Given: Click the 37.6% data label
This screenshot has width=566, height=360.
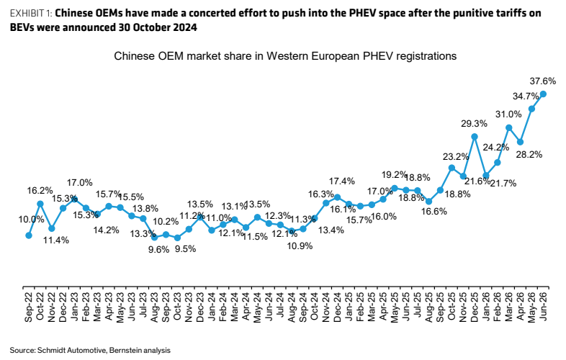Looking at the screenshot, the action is pos(542,81).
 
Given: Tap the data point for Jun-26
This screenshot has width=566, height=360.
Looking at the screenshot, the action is pos(543,94).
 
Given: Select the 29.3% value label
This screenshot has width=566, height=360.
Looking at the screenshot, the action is pos(474,124).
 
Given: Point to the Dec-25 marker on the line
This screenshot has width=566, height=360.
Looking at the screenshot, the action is pos(475,137).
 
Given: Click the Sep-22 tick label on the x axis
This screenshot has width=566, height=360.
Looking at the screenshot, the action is pos(29,307).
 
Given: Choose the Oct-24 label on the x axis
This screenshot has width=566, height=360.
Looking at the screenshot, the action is pos(315,306).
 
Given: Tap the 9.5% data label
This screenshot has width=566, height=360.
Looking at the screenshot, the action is pos(185,249).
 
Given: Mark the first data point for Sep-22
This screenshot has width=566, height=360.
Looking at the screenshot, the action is pos(29,235).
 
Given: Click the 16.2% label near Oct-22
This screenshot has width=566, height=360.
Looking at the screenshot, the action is pos(40,190).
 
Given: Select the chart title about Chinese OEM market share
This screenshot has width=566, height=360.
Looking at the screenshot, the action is pos(285,56).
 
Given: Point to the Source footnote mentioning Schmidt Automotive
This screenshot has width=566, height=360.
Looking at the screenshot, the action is pos(90,350).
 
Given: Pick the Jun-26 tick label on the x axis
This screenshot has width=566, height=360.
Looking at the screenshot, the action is pos(543,306).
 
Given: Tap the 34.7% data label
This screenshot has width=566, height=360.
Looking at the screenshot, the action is pos(526,96).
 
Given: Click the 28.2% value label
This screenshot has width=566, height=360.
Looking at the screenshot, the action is pos(529,155).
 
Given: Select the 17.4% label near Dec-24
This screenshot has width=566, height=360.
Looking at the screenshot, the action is pos(342,181).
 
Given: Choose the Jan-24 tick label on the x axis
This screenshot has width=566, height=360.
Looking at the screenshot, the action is pos(212,306).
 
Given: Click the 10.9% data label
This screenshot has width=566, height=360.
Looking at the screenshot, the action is pos(300,246).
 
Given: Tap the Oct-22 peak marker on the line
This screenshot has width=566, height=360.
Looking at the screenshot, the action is pos(40,204).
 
